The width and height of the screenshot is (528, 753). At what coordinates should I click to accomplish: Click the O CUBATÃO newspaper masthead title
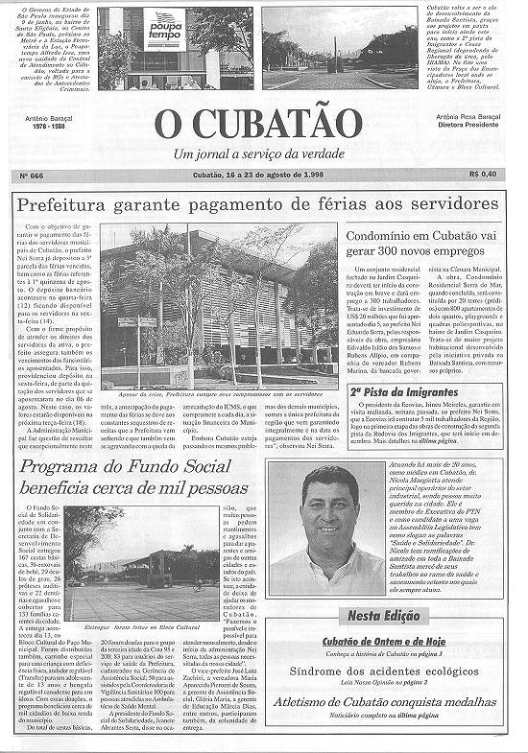(259, 123)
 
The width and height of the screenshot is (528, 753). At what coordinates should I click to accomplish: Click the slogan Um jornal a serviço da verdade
(260, 153)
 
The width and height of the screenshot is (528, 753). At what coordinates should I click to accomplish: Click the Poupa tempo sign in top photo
(164, 28)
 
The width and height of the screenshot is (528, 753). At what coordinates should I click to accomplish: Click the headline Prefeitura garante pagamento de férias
(258, 204)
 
